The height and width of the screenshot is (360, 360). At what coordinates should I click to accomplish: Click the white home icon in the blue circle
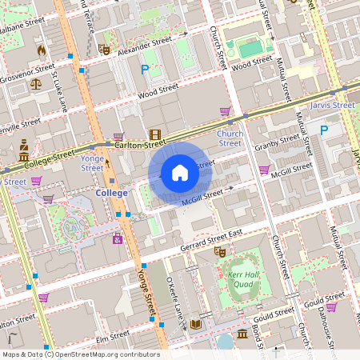click(x=179, y=173)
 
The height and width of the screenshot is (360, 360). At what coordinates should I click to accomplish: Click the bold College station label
click(x=111, y=194)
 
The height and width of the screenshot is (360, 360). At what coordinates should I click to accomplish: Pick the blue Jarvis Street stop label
click(x=333, y=105)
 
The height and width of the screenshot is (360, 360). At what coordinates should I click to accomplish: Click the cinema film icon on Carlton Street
click(x=154, y=135)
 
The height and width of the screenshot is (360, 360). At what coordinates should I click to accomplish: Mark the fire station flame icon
click(x=40, y=50)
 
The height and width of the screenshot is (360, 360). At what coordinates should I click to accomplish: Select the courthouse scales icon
click(x=35, y=82)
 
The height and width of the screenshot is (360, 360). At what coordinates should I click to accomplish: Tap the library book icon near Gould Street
click(x=195, y=325)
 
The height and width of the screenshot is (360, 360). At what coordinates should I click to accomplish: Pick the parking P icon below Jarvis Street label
click(x=325, y=130)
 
